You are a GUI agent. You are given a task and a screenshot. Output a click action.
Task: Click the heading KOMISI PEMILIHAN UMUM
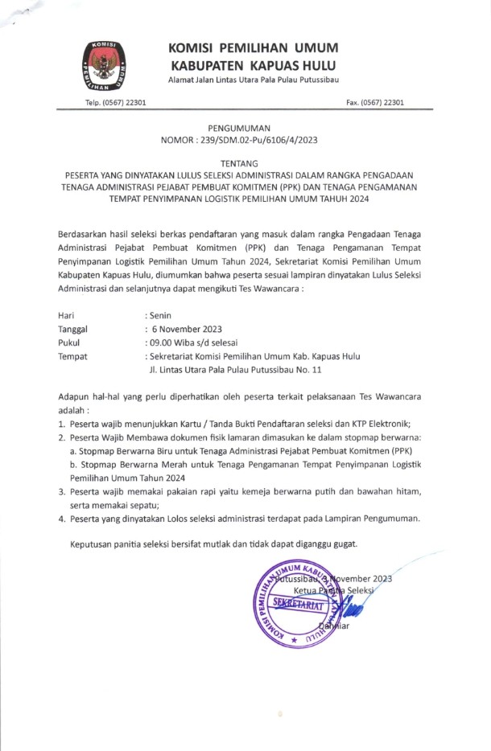click(x=254, y=47)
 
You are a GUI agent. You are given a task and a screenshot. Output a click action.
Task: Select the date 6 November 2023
click(x=184, y=329)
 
